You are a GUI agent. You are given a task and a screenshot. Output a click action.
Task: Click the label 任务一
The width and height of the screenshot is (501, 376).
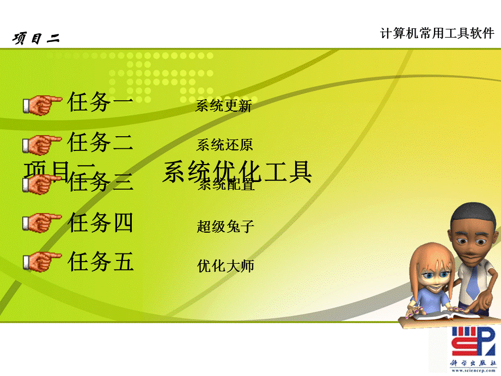100,102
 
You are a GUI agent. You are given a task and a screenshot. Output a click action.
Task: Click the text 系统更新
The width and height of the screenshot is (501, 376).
223,106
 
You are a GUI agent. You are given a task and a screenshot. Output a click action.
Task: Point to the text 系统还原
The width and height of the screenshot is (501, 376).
224,145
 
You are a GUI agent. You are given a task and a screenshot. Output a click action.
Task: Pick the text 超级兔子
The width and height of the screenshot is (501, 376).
225,226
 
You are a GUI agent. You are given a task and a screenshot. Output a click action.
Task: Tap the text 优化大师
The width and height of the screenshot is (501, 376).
225,266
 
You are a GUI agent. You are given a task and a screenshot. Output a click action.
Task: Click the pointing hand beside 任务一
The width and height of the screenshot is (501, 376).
42,104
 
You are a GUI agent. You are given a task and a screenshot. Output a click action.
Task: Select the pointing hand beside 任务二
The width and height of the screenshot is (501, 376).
42,144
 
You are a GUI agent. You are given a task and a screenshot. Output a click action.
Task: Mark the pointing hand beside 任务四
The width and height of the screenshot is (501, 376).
42,222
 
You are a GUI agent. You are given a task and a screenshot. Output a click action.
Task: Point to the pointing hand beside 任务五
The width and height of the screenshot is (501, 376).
42,261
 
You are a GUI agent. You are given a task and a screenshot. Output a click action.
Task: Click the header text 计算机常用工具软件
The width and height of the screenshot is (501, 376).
437,34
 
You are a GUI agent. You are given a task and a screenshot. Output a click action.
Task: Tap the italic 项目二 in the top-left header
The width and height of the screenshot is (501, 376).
36,38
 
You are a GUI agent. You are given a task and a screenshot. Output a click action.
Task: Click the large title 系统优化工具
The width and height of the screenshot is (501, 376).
237,171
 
